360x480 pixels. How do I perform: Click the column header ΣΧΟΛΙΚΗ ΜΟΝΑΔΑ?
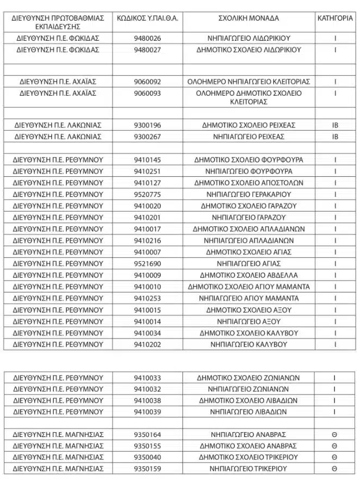pyautogui.click(x=249, y=18)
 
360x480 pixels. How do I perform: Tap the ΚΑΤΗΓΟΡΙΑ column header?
pyautogui.click(x=335, y=18)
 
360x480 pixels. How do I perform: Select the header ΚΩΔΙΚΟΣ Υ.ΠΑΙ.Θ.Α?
pyautogui.click(x=147, y=18)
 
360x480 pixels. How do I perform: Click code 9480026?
pyautogui.click(x=147, y=39)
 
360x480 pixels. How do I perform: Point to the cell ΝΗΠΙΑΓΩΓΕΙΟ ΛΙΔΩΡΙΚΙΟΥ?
pyautogui.click(x=249, y=39)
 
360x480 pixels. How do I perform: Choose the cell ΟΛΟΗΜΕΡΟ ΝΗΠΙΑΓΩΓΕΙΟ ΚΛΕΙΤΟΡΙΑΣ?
pyautogui.click(x=249, y=82)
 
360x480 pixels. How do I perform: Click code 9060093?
pyautogui.click(x=147, y=93)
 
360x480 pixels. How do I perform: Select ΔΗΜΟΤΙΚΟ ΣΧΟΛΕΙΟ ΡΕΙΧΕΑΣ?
pyautogui.click(x=249, y=125)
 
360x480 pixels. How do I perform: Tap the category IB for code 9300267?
pyautogui.click(x=335, y=137)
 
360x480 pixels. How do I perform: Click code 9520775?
pyautogui.click(x=147, y=194)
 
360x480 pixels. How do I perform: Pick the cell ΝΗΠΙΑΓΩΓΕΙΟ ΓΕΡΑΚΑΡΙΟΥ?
pyautogui.click(x=249, y=194)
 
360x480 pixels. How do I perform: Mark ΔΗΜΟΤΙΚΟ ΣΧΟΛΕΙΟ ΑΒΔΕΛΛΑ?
pyautogui.click(x=249, y=275)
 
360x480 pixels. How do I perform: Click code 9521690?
pyautogui.click(x=147, y=263)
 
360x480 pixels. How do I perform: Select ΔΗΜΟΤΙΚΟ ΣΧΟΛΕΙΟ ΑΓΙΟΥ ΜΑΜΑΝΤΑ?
pyautogui.click(x=249, y=287)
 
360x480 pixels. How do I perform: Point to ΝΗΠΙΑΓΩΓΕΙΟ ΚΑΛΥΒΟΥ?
pyautogui.click(x=249, y=344)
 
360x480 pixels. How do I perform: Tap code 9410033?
pyautogui.click(x=147, y=378)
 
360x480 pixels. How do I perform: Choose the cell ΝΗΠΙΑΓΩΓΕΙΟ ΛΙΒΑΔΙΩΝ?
pyautogui.click(x=249, y=412)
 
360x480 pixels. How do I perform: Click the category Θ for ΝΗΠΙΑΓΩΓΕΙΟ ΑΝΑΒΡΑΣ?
pyautogui.click(x=335, y=434)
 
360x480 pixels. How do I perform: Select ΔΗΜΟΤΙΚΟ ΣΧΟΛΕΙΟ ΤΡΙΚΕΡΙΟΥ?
pyautogui.click(x=249, y=457)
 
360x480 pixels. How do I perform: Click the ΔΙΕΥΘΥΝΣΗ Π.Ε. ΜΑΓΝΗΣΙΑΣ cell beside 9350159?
pyautogui.click(x=58, y=469)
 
